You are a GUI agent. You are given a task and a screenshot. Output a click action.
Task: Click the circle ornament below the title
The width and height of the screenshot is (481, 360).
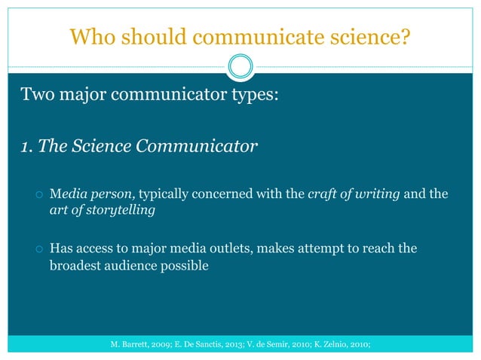[x=240, y=68]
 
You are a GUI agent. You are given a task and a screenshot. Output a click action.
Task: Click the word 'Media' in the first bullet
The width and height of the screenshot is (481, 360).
[x=66, y=195]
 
